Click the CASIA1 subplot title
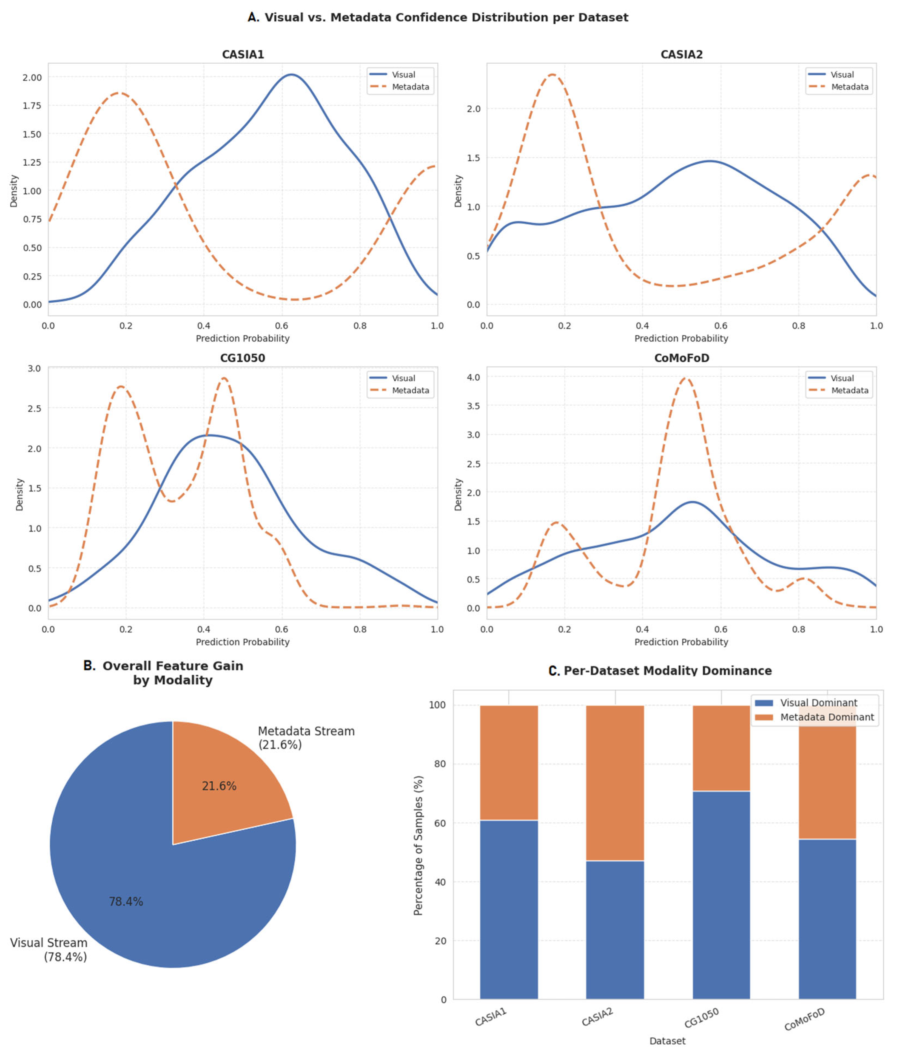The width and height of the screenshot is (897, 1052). click(x=243, y=54)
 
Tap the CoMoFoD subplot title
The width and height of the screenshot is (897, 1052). click(x=681, y=358)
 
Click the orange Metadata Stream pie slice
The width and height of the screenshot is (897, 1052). click(x=223, y=779)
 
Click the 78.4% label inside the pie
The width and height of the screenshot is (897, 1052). click(x=126, y=902)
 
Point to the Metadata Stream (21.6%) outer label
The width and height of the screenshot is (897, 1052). click(x=306, y=738)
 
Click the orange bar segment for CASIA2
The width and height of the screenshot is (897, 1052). click(x=615, y=783)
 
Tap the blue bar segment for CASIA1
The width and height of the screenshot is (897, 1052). click(x=509, y=909)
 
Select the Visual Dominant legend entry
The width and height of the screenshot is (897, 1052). click(x=814, y=703)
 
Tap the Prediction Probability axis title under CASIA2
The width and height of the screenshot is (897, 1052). click(x=681, y=338)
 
